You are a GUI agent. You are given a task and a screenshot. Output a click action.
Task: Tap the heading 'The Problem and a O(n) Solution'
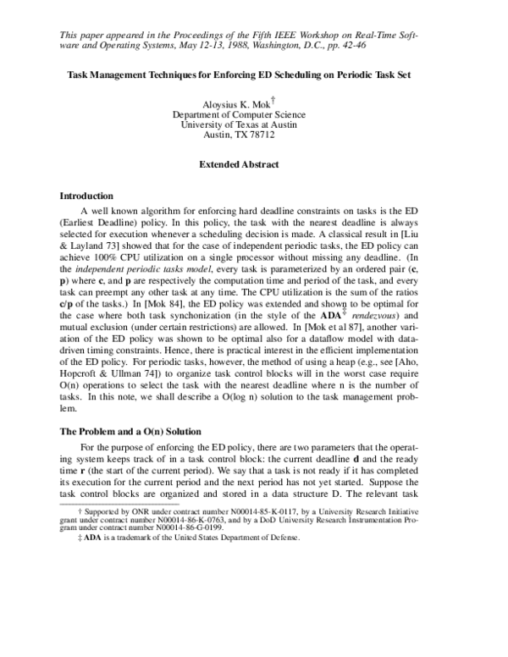130,432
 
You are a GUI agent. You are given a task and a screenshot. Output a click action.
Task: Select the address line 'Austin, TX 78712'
239,135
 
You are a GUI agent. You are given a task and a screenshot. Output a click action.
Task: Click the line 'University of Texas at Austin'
239,124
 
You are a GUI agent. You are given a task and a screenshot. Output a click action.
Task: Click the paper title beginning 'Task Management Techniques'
239,75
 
